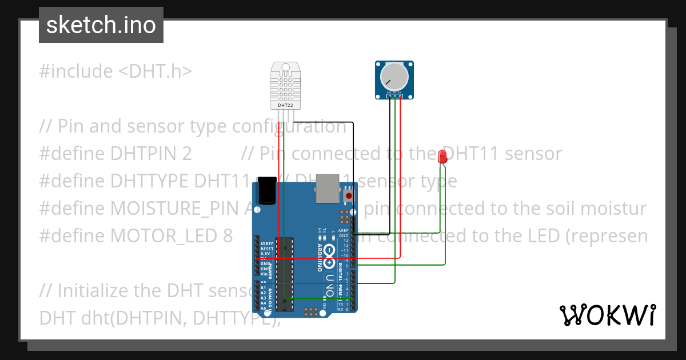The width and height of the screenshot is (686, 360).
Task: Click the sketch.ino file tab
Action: tap(101, 25)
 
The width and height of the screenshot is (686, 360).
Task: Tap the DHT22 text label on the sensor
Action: tap(285, 106)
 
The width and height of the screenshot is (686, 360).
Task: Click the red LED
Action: tap(442, 157)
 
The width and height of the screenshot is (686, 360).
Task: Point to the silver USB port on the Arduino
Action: tap(328, 189)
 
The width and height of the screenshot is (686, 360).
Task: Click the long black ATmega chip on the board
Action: tap(284, 273)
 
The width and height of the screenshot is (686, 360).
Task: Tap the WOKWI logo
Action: tap(607, 315)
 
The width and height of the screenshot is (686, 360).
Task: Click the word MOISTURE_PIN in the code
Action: tap(178, 209)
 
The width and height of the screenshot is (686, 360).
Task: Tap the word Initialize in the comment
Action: tap(94, 291)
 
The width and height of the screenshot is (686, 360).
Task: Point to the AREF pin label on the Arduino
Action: tap(343, 230)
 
